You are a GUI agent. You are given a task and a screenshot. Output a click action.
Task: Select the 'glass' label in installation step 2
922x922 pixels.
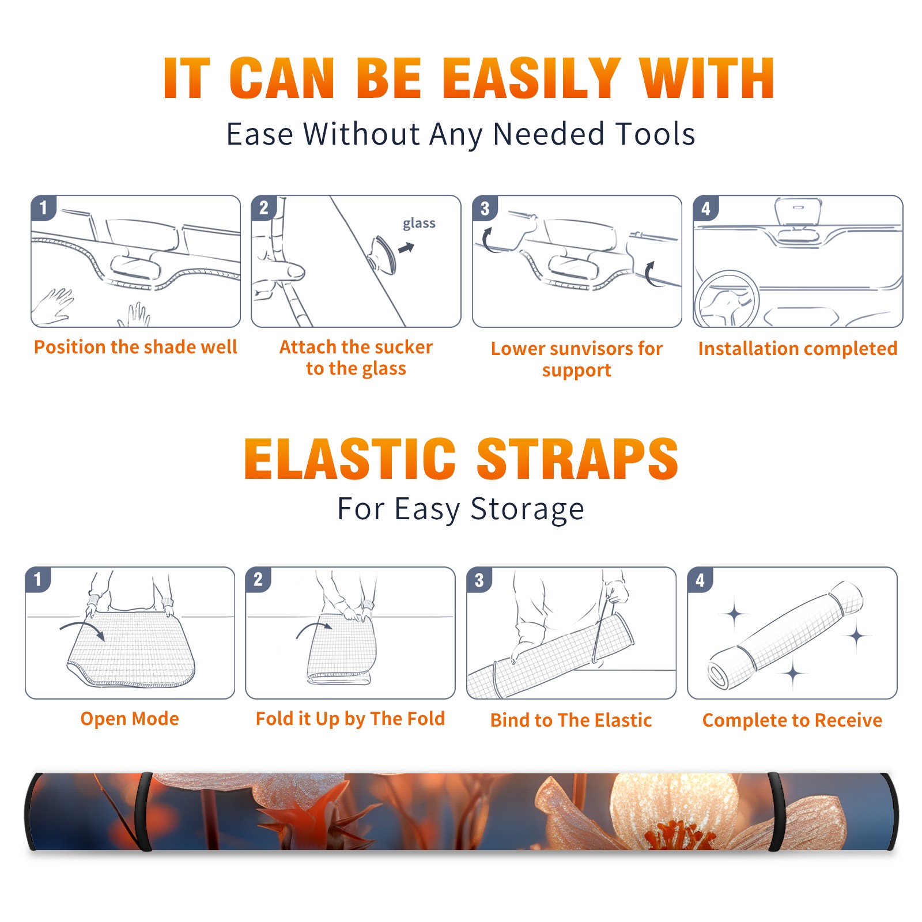coord(419,224)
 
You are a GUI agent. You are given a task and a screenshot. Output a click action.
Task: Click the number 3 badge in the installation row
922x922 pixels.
coord(485,209)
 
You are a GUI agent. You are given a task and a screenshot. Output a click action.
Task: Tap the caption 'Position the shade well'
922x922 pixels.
coord(135,347)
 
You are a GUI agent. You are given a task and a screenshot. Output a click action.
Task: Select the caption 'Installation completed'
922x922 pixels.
coord(798,349)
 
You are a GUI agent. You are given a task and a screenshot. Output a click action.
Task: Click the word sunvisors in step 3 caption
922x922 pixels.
coord(585,349)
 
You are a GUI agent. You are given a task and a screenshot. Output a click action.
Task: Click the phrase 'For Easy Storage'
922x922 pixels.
coord(461,509)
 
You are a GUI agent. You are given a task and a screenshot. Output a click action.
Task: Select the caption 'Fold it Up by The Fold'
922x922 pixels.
coord(350,719)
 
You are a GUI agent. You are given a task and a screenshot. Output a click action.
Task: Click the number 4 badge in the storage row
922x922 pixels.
coord(700,580)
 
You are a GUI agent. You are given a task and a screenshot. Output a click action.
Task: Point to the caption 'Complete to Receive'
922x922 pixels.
coord(792,720)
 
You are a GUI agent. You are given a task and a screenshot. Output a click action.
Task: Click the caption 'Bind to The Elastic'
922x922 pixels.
coord(571,720)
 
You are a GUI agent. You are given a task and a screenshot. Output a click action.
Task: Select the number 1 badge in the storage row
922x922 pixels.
coord(38,580)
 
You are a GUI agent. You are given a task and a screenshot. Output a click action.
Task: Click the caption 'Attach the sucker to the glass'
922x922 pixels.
coord(356,357)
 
